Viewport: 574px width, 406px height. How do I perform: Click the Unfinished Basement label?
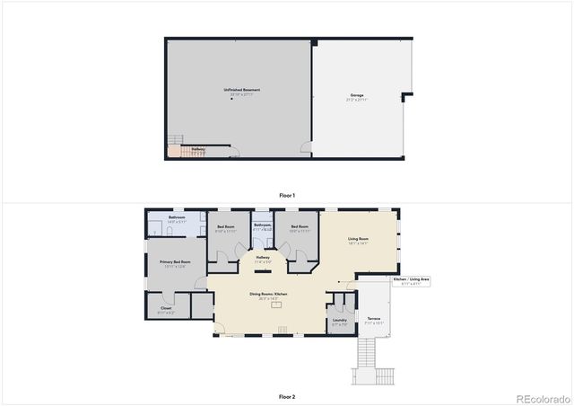click(241, 90)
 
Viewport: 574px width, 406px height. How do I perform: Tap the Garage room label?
click(357, 95)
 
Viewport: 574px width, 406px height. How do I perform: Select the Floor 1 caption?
click(286, 195)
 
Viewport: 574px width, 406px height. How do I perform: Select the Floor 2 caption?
click(286, 396)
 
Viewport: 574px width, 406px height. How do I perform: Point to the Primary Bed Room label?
click(172, 263)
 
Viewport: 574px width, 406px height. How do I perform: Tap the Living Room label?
click(358, 239)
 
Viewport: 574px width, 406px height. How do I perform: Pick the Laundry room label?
click(339, 321)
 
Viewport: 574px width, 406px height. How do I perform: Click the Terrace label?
click(373, 319)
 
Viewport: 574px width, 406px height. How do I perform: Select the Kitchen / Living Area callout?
click(412, 281)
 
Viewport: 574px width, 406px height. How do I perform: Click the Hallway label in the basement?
click(198, 149)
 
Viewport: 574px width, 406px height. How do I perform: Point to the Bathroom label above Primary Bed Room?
click(177, 218)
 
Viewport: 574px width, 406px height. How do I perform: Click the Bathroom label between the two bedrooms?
click(262, 226)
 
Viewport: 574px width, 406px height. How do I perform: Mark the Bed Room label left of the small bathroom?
click(226, 228)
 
